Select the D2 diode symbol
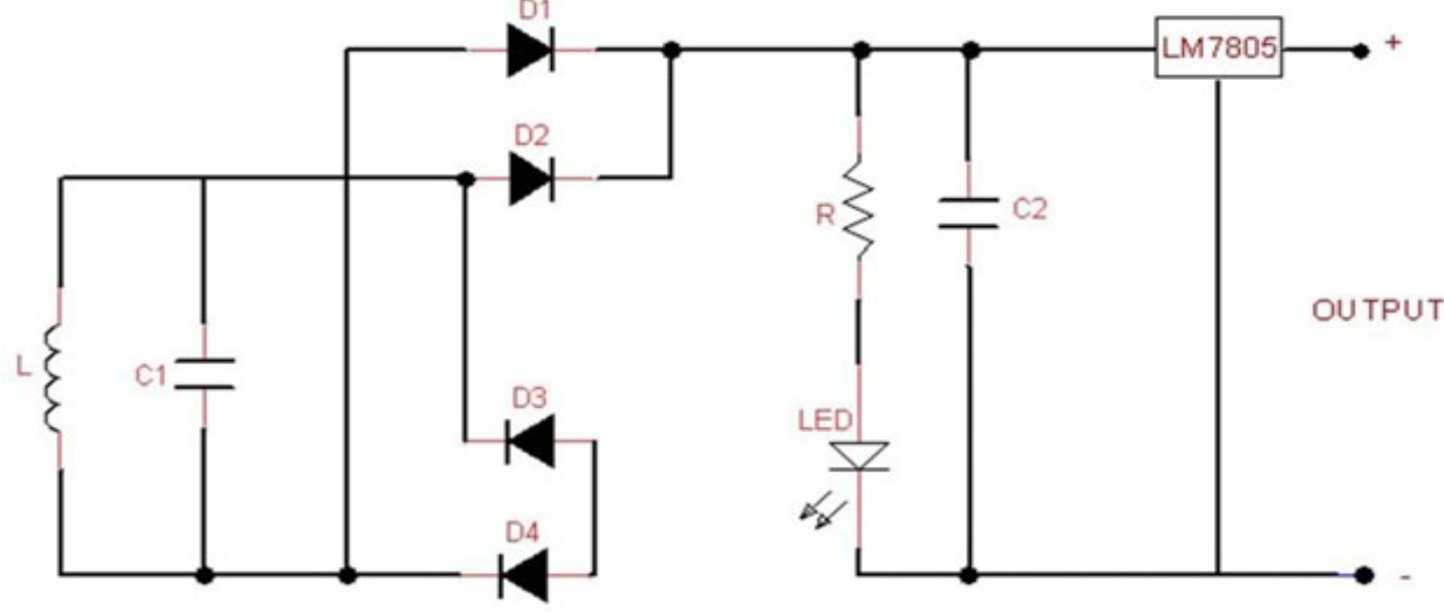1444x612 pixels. pos(530,178)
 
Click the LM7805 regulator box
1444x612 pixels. pos(1218,48)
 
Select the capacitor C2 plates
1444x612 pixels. pos(968,213)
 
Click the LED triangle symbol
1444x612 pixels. pos(859,456)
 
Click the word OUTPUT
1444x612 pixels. pos(1377,312)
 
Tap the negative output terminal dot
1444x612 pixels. pos(1364,575)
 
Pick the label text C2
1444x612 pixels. pos(1028,210)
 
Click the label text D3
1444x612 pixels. pos(530,399)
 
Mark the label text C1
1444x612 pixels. pos(150,376)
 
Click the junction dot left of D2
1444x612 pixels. pos(465,179)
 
